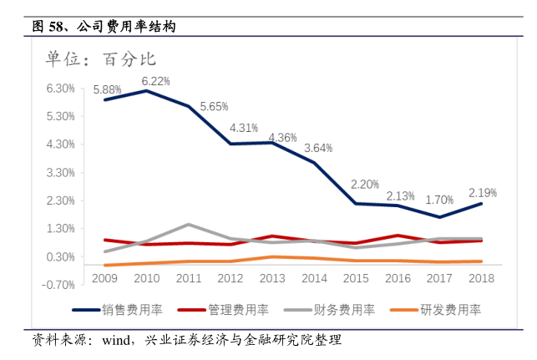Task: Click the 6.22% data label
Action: pyautogui.click(x=155, y=81)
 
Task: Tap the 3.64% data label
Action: pyautogui.click(x=318, y=148)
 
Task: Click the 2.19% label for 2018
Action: pyautogui.click(x=483, y=193)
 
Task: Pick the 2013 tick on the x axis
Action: pyautogui.click(x=273, y=276)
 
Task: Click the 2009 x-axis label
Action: pyautogui.click(x=104, y=276)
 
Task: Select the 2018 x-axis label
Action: pyautogui.click(x=483, y=276)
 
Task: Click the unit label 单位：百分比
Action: pyautogui.click(x=101, y=58)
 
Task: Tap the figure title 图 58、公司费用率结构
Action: pyautogui.click(x=104, y=27)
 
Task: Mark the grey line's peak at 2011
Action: pyautogui.click(x=189, y=225)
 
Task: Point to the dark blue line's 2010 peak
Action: pyautogui.click(x=147, y=90)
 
